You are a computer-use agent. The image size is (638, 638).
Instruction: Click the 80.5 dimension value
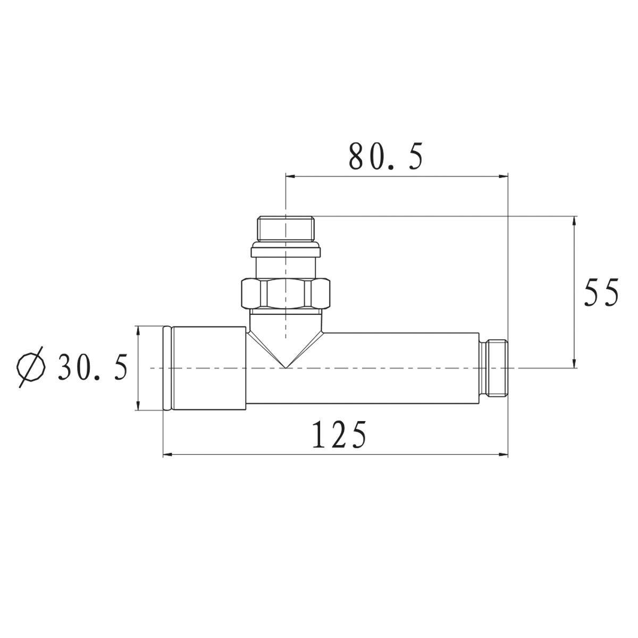pyautogui.click(x=386, y=157)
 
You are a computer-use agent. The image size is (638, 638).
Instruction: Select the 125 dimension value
pyautogui.click(x=339, y=434)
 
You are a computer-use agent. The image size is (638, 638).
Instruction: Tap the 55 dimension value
pyautogui.click(x=601, y=292)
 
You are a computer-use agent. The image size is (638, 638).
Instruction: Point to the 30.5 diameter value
pyautogui.click(x=93, y=367)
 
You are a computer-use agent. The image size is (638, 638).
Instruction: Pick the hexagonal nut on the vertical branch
pyautogui.click(x=286, y=293)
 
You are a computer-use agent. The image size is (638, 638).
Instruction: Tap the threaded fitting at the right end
pyautogui.click(x=494, y=368)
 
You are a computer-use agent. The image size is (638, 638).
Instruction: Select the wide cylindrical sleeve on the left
pyautogui.click(x=209, y=368)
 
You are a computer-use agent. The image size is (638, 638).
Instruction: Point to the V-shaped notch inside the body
pyautogui.click(x=286, y=351)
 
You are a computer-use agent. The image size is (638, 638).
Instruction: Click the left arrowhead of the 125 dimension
pyautogui.click(x=166, y=455)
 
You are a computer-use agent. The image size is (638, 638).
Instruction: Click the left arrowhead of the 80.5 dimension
pyautogui.click(x=290, y=176)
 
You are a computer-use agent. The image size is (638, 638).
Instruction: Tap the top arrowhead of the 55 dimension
pyautogui.click(x=575, y=221)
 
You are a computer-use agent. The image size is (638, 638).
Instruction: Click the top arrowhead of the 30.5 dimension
pyautogui.click(x=138, y=330)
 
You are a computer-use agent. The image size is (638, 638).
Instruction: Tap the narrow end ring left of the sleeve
pyautogui.click(x=166, y=368)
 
